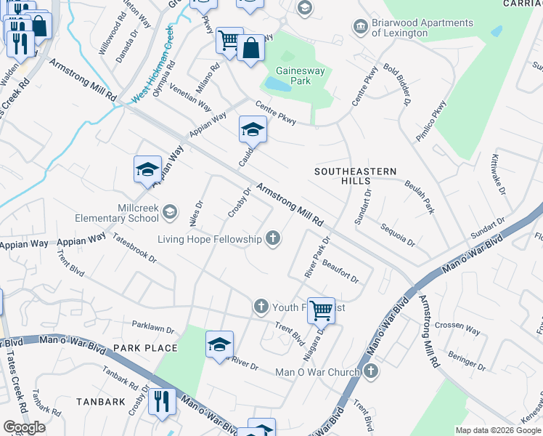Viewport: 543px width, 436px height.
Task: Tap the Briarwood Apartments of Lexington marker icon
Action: (360, 28)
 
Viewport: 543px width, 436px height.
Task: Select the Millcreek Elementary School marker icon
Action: (170, 212)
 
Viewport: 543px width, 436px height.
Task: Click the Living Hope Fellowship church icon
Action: (273, 238)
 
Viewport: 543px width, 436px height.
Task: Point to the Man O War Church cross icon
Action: (371, 372)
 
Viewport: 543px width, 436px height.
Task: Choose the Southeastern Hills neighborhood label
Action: (355, 176)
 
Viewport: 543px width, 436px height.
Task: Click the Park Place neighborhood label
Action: (145, 348)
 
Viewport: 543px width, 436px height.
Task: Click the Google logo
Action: (24, 427)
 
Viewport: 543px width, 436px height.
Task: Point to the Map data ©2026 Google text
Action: (498, 430)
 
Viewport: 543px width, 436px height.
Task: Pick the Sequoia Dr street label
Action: (398, 234)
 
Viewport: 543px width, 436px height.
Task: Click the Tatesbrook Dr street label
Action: (134, 251)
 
